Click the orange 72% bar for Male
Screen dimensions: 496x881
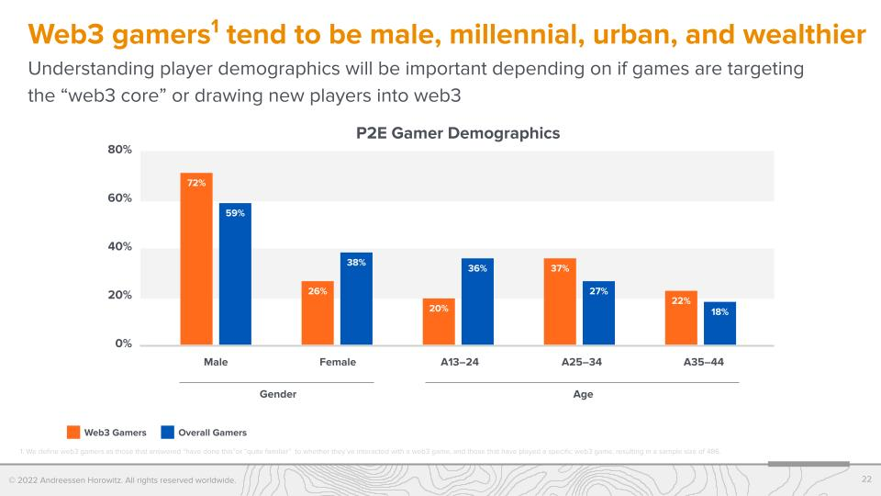point(196,259)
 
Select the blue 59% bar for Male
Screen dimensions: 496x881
point(235,274)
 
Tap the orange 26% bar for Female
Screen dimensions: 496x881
point(318,313)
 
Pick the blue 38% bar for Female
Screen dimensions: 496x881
point(356,299)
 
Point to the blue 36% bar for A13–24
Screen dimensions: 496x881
point(477,301)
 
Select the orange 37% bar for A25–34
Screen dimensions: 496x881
point(561,301)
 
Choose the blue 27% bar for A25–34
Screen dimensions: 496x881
point(598,313)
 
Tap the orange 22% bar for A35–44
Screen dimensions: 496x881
point(682,318)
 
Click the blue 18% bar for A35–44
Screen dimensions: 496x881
point(719,323)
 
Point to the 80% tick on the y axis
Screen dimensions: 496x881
point(120,149)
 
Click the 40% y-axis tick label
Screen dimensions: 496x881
point(120,246)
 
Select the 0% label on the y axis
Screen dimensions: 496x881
point(124,344)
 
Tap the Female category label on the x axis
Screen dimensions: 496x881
point(338,362)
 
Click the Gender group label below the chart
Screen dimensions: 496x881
point(278,394)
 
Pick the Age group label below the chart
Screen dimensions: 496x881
point(583,394)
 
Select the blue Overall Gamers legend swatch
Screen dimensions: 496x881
point(167,432)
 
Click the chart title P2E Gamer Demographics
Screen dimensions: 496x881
point(457,133)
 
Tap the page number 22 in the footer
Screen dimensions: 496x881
point(866,479)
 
